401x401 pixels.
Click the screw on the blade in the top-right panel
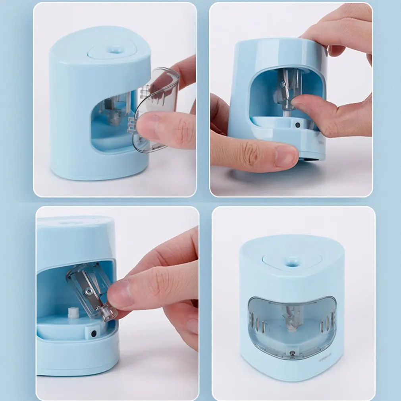tap(282, 84)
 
